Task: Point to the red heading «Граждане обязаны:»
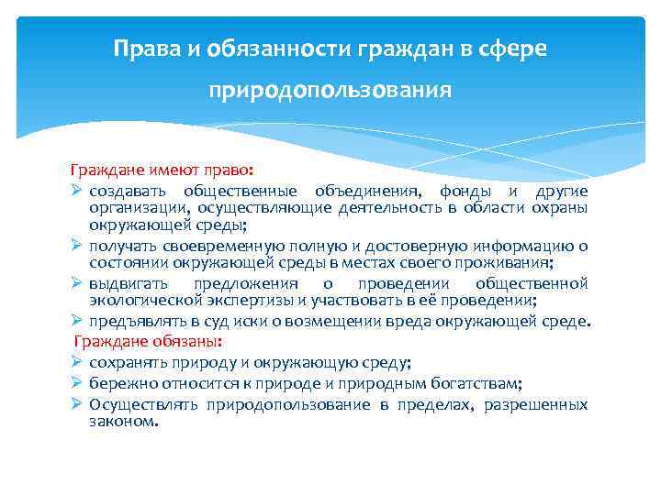pos(150,340)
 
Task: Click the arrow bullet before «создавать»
pos(77,191)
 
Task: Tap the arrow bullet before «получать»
pos(77,246)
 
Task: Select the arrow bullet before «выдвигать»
pos(77,283)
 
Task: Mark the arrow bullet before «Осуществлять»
pos(77,404)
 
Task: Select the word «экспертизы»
pos(250,300)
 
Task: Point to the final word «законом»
pos(124,423)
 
